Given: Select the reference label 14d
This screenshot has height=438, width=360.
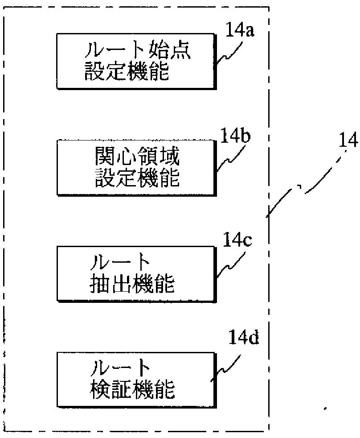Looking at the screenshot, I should pos(243,338).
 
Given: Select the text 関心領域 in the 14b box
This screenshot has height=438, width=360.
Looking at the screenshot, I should pos(138,157).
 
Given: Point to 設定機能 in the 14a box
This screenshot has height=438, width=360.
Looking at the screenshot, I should pos(127,72).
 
